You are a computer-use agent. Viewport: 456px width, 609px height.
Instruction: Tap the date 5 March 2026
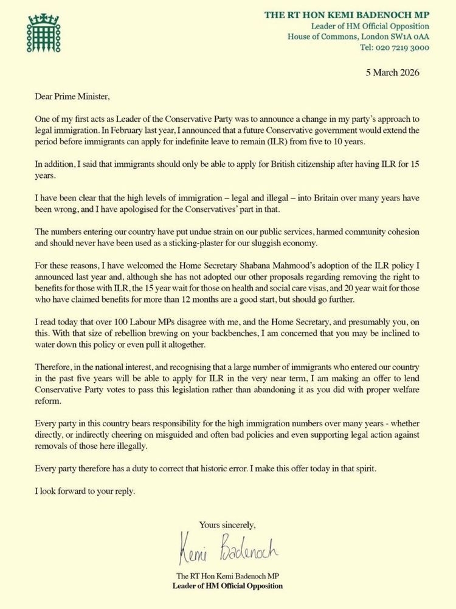[401, 73]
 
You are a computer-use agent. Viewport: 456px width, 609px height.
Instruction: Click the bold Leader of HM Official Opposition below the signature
[227, 586]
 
